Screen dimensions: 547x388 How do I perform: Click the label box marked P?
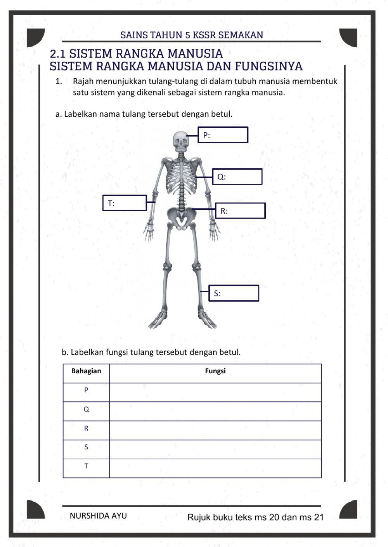click(x=223, y=135)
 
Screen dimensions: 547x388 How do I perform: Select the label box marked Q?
click(x=237, y=177)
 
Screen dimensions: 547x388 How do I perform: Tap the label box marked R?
click(x=241, y=211)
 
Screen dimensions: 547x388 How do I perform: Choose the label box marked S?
click(x=234, y=293)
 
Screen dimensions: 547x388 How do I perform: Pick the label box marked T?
click(x=125, y=203)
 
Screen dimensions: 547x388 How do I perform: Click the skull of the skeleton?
click(x=180, y=142)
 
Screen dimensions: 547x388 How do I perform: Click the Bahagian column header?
click(x=86, y=371)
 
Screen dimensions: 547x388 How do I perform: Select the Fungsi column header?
click(x=215, y=371)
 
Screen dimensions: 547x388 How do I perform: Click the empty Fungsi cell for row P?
click(x=215, y=392)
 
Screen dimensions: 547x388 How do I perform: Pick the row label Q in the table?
click(x=86, y=409)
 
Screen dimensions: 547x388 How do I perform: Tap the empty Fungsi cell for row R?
click(x=215, y=430)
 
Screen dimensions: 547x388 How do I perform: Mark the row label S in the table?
click(x=86, y=447)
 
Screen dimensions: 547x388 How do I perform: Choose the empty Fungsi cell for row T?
click(x=215, y=468)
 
